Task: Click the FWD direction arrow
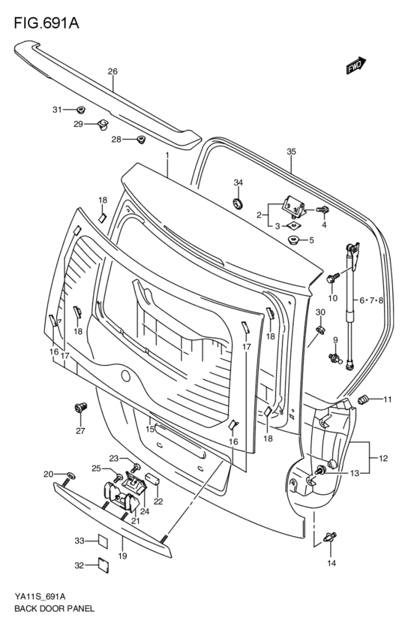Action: [x=356, y=65]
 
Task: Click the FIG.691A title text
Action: [x=46, y=23]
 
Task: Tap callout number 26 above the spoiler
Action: [x=112, y=72]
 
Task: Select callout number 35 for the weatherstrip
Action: [x=291, y=152]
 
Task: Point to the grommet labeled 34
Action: [x=237, y=203]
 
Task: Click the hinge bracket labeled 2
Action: [x=294, y=206]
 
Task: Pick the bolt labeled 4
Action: [x=322, y=210]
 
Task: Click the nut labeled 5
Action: [x=293, y=240]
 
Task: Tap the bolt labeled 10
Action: [x=331, y=279]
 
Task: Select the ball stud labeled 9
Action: [x=334, y=359]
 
